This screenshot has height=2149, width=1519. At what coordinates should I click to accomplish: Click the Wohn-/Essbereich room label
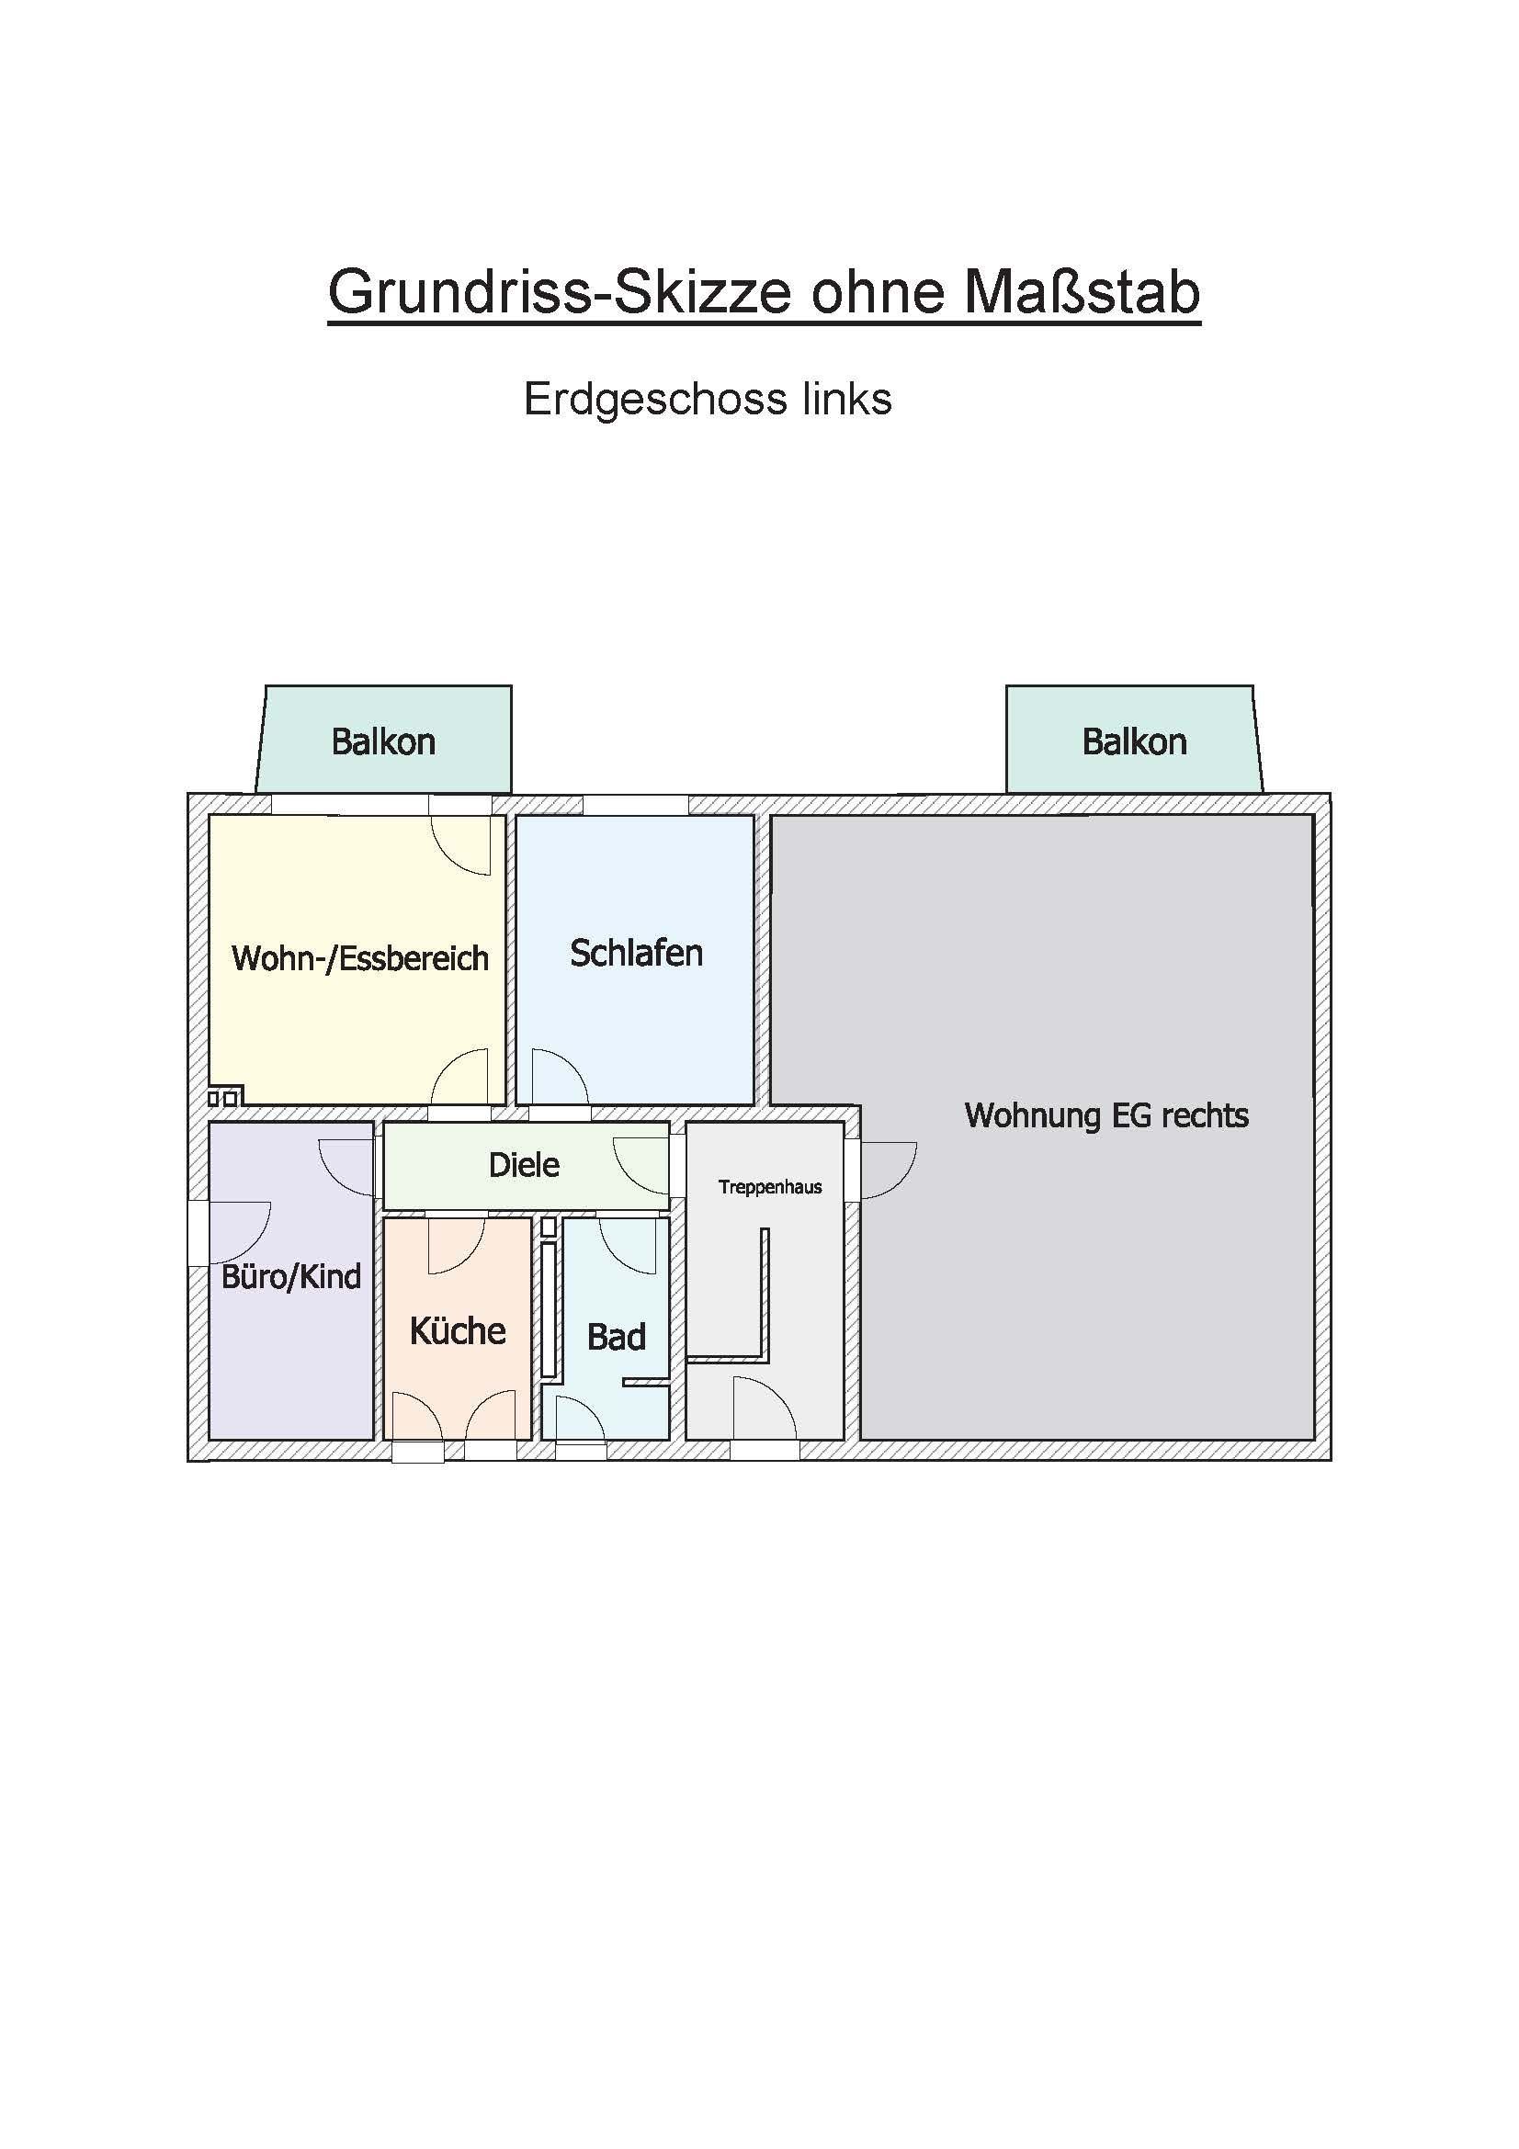pos(360,958)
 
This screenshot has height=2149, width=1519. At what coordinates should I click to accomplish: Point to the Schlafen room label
pos(637,953)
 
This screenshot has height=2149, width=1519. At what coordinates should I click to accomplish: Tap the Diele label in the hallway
pos(524,1164)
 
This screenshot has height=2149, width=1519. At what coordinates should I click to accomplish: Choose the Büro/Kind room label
pos(291,1277)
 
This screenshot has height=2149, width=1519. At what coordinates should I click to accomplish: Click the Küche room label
pos(458,1330)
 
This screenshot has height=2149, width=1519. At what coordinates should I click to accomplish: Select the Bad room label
pos(616,1337)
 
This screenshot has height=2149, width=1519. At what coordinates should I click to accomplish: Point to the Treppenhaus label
pos(770,1187)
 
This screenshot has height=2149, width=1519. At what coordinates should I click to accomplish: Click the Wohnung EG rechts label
pos(1106,1115)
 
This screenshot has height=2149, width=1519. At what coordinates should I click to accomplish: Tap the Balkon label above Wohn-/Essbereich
pos(384,741)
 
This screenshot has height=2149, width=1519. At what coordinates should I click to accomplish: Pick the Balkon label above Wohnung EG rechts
pos(1134,741)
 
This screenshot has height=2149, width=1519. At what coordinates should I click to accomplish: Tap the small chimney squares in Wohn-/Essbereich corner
pos(225,1096)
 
